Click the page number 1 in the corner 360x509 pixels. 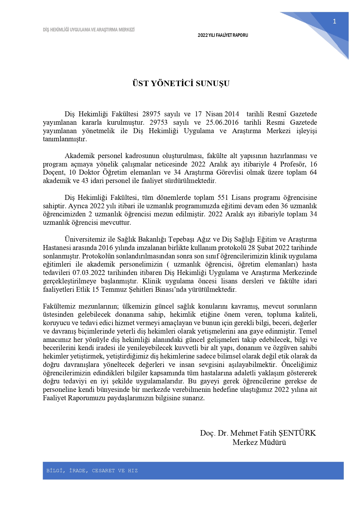334,21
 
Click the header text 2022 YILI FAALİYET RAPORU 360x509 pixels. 223,35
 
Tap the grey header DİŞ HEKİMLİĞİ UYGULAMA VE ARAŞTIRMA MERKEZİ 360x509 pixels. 89,30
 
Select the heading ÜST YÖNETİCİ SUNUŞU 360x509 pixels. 181,84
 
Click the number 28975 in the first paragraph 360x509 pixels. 151,114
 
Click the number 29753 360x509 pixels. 159,122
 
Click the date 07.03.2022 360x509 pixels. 89,273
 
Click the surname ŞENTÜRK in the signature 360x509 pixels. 297,433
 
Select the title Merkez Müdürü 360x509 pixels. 259,442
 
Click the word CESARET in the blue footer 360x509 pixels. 103,470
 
